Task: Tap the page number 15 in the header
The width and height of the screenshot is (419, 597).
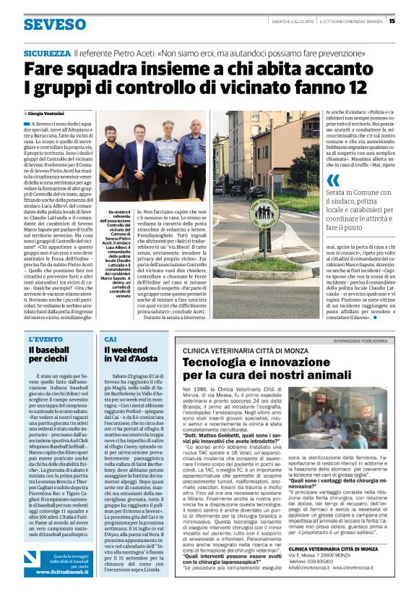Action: pos(392,20)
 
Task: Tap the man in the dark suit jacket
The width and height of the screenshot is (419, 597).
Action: pos(139,155)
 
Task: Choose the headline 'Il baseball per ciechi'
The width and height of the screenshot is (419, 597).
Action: pos(51,356)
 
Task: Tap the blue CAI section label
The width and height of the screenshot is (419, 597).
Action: pos(110,339)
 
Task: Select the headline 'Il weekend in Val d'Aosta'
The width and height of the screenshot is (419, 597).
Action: pos(131,356)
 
